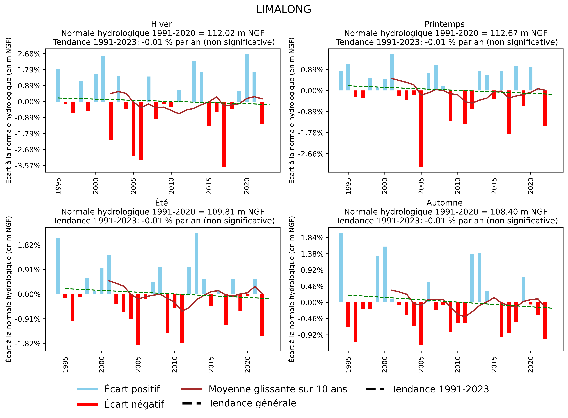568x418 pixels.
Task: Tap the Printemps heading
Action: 444,24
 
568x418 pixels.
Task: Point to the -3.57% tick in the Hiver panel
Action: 28,166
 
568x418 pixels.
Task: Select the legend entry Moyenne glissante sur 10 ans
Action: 278,389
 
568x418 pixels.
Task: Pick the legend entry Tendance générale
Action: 252,403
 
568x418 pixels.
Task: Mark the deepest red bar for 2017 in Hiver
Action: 224,134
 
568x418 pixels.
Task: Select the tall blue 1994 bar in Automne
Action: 341,268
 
